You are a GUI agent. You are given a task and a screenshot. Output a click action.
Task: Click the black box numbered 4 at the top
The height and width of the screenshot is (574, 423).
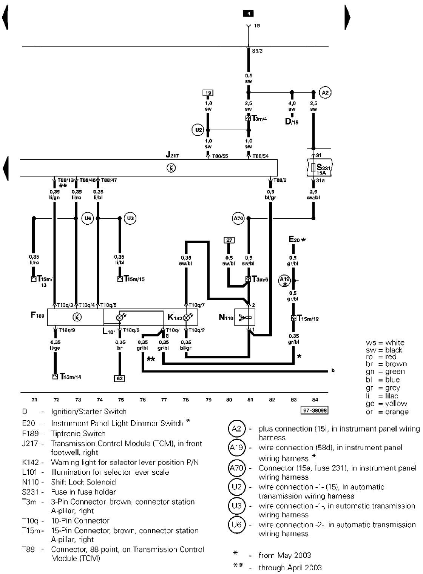click(x=248, y=14)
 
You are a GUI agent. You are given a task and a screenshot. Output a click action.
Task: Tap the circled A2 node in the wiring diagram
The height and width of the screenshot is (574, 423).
click(x=325, y=92)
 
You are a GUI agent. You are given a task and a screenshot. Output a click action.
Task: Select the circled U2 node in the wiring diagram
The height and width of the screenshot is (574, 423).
click(x=198, y=131)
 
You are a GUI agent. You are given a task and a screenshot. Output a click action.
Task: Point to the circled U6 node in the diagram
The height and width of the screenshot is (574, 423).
click(x=88, y=218)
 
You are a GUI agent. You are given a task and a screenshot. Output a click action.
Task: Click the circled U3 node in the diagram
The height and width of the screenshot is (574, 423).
click(x=130, y=218)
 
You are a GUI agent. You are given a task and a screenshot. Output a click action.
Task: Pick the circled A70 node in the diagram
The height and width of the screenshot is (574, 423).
click(x=238, y=218)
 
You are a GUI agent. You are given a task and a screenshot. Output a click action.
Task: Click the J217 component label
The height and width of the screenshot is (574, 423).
click(x=172, y=155)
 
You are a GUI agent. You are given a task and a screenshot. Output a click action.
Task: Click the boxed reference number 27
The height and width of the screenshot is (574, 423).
click(x=229, y=240)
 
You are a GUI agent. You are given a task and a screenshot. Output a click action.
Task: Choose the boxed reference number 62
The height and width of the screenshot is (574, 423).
click(x=119, y=378)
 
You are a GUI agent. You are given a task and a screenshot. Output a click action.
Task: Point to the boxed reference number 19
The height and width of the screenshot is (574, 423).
click(x=208, y=93)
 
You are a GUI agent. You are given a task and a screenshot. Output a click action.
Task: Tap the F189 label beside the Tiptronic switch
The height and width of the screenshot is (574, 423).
click(x=38, y=315)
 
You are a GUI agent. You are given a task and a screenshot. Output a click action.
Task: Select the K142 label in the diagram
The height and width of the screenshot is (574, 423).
click(x=174, y=318)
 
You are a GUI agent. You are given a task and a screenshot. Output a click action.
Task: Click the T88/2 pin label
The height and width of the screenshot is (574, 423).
click(x=280, y=180)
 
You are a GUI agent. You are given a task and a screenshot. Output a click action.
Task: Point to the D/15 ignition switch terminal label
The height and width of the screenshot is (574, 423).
click(x=292, y=122)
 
